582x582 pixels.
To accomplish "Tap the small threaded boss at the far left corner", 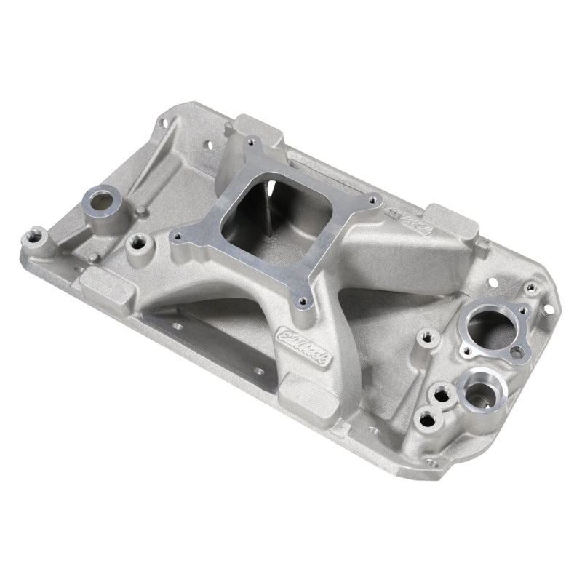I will [x=34, y=237].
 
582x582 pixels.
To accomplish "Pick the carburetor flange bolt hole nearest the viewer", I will [x=300, y=297].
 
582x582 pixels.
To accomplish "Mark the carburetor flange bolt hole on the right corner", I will [x=374, y=197].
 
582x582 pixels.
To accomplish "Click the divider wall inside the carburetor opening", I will [x=266, y=211].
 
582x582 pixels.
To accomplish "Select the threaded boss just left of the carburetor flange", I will [x=136, y=242].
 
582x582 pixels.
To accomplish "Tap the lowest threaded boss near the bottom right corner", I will [x=426, y=420].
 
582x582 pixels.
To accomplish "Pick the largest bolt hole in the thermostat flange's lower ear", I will [x=516, y=353].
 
